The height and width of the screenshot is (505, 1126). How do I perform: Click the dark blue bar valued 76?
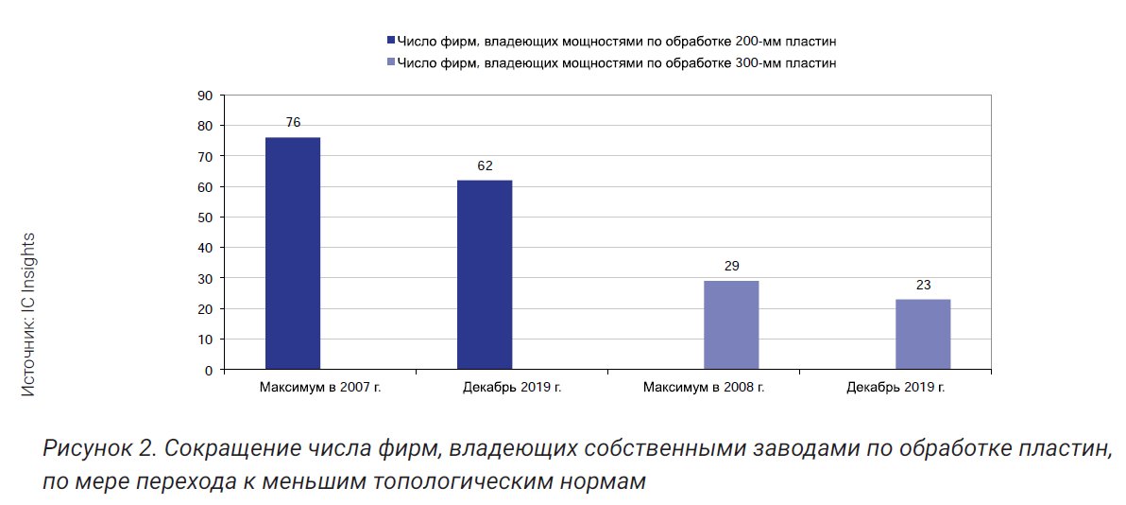coord(293,253)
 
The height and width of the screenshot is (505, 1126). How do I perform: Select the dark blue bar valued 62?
coord(485,274)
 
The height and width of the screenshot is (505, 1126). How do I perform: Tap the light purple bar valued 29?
coord(731,324)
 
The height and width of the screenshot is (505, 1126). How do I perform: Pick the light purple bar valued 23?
coord(923,334)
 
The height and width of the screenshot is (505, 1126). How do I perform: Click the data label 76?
coord(293,123)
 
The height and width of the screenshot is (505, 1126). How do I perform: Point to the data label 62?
coord(485,165)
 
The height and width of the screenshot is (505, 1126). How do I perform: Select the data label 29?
coord(731,266)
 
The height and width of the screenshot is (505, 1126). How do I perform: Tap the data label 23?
coord(923,285)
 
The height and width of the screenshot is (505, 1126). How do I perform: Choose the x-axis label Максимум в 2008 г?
coord(704,387)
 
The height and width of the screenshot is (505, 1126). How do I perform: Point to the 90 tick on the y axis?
coord(205,96)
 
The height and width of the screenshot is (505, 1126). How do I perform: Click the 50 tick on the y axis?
coord(205,218)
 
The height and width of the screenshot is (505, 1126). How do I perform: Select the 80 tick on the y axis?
coord(205,126)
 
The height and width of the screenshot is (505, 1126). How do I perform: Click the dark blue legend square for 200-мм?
coord(391,42)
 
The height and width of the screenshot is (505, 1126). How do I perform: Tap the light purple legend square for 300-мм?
coord(391,63)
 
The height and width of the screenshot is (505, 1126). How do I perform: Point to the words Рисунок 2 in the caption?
coord(103,448)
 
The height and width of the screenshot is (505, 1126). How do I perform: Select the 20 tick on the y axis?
coord(205,309)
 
